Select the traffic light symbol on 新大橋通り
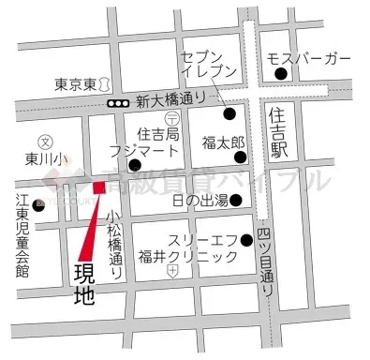(x=119, y=103)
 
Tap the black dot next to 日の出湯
(x=236, y=200)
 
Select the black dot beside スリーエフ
(x=248, y=239)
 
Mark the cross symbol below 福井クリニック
(x=172, y=271)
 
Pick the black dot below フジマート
(x=134, y=166)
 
